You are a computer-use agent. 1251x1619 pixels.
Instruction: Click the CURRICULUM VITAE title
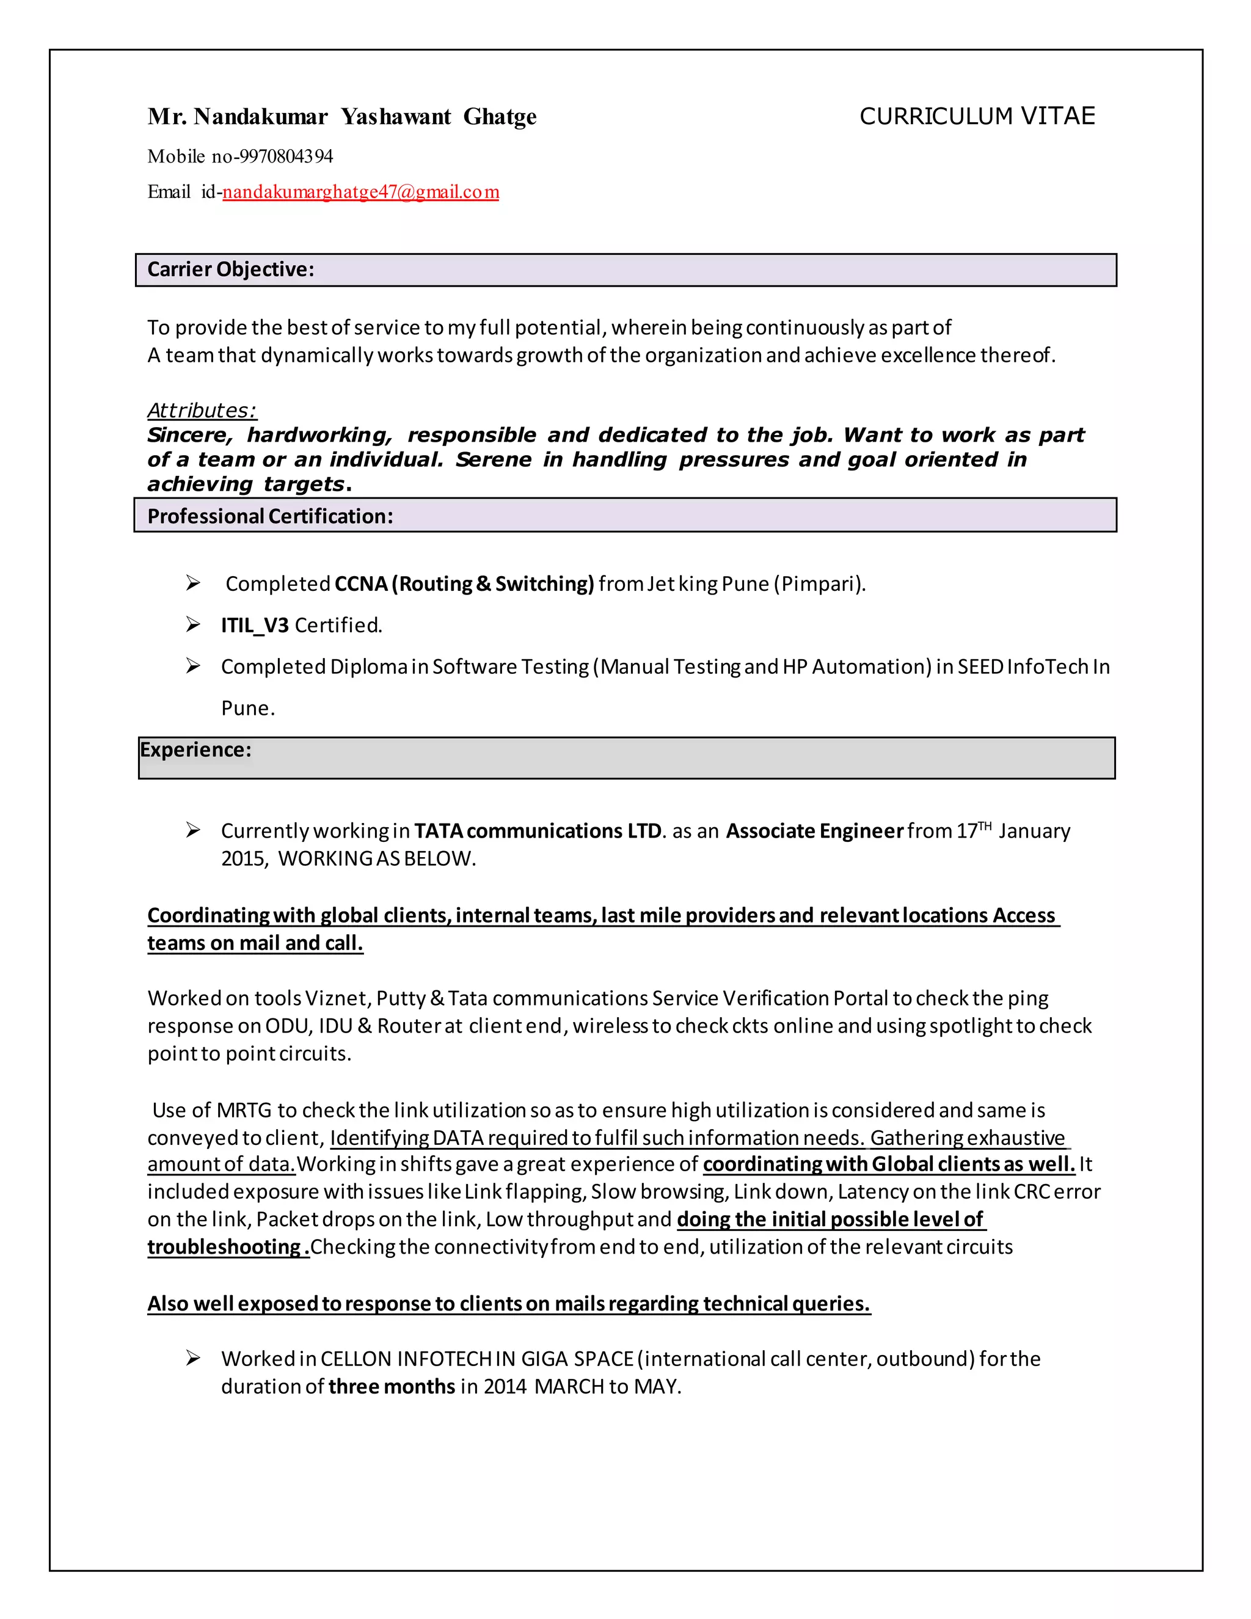coord(976,116)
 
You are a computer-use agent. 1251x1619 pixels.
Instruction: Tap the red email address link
coord(360,192)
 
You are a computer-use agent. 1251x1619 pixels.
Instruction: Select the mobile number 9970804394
coord(286,156)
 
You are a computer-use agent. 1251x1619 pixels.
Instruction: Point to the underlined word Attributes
coord(201,410)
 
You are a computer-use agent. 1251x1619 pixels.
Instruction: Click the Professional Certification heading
coord(270,516)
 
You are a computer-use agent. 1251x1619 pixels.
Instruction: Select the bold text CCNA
coord(361,584)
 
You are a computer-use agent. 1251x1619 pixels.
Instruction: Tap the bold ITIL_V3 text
coord(254,626)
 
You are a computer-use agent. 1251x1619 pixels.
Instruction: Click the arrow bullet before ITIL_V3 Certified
coord(192,625)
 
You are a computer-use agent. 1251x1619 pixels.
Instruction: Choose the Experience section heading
coord(195,750)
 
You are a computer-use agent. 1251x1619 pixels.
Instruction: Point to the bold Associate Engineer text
coord(814,831)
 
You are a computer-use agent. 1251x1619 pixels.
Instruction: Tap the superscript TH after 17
coord(984,826)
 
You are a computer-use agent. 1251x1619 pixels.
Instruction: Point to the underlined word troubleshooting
coord(223,1247)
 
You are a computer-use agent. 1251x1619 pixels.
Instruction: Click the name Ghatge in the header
coord(500,117)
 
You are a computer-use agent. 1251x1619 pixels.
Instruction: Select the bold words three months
coord(392,1386)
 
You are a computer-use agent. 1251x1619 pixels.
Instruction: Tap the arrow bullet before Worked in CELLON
coord(192,1358)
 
